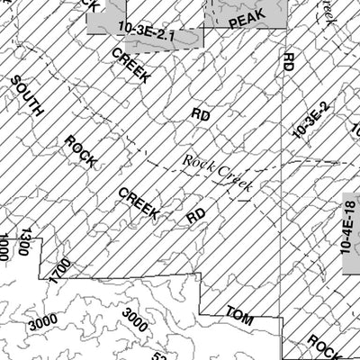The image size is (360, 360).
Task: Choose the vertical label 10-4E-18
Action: pos(348,233)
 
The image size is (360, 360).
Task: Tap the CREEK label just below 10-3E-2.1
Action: pos(130,67)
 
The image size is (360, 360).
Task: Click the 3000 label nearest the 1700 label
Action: pos(42,320)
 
